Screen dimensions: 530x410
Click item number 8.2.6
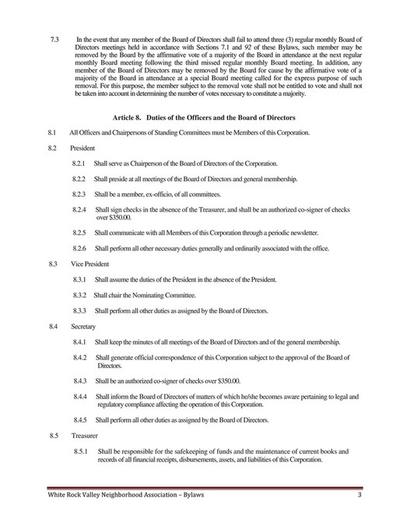(79, 247)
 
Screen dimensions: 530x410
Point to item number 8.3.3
(79, 311)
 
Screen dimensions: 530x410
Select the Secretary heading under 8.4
(83, 327)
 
